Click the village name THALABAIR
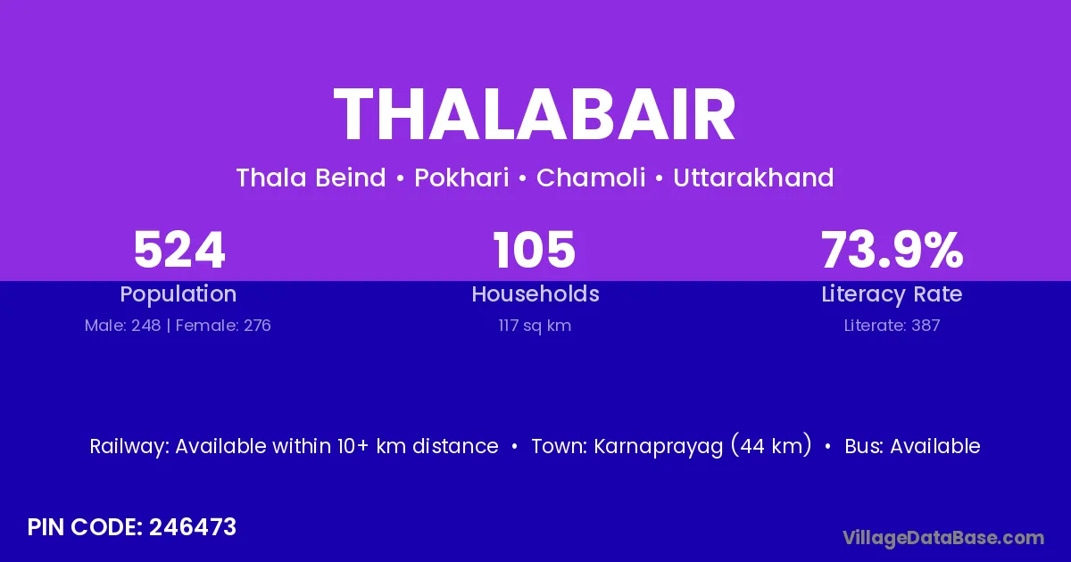(535, 115)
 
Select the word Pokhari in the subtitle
(461, 178)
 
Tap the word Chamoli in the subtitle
(591, 178)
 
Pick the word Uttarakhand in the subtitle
(753, 178)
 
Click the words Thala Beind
(311, 178)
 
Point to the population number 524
(179, 250)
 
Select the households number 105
(535, 250)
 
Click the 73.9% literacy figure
(892, 250)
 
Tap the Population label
(178, 294)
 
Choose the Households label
(535, 293)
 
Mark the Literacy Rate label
(892, 294)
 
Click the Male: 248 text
(123, 326)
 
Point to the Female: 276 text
(223, 326)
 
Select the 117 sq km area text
(535, 326)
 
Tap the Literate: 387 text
(892, 326)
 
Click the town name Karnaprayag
(659, 447)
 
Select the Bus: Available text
(913, 446)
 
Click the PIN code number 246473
(193, 527)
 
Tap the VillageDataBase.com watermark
(943, 538)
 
